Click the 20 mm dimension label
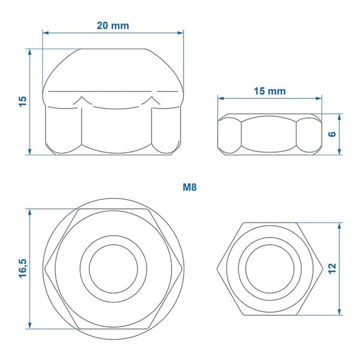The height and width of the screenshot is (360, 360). pos(113,25)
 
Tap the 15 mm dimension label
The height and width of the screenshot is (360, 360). pos(270,91)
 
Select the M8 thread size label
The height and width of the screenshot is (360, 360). pos(190,187)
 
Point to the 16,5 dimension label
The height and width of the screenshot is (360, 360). pos(23,269)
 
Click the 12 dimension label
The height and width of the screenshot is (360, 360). pos(332,269)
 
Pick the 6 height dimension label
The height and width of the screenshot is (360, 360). pos(332,134)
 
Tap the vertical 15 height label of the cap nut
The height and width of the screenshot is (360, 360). pos(23,102)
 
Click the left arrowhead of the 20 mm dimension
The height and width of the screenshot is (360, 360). pos(46,33)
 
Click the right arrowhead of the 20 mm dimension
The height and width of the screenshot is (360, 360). pos(181,33)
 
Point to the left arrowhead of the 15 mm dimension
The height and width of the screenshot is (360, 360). pos(221,98)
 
